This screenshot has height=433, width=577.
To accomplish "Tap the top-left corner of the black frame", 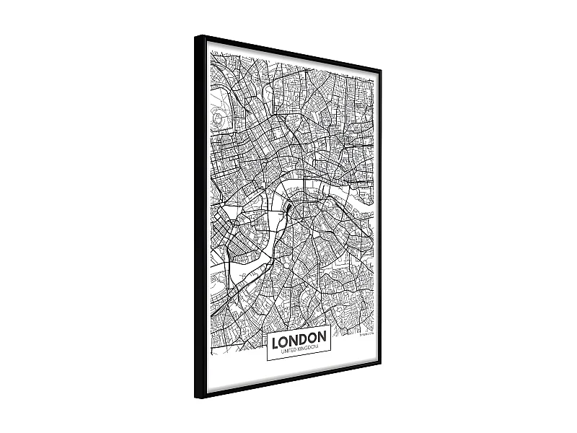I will pos(196,36).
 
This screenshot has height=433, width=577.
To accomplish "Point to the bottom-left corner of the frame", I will pos(196,399).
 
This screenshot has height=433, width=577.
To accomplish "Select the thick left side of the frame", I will pos(201,216).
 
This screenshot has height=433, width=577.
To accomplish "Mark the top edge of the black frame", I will pos(288,51).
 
